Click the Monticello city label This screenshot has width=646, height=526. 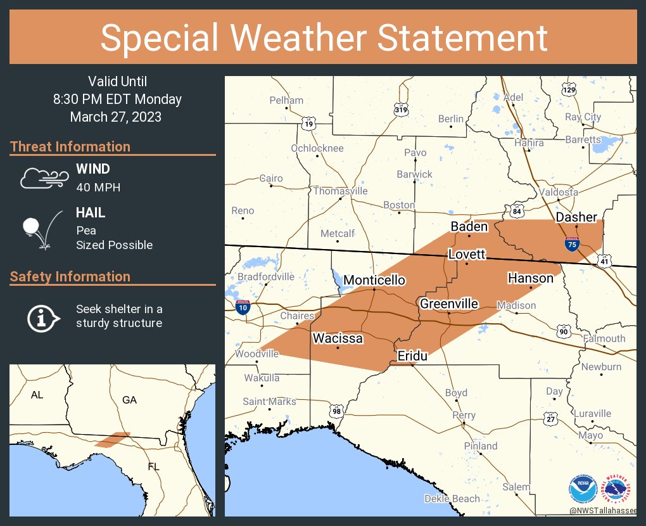(x=374, y=280)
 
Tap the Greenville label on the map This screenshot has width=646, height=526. (x=449, y=304)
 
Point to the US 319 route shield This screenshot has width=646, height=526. (x=400, y=110)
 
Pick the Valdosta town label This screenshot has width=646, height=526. (x=558, y=192)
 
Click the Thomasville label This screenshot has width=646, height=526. (x=340, y=191)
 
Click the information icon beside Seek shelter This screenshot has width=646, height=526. (x=42, y=317)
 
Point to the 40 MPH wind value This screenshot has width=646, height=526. (x=98, y=188)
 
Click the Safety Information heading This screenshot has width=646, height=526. (x=70, y=276)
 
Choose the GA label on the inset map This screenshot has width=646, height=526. (x=129, y=400)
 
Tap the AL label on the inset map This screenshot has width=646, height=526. (x=37, y=395)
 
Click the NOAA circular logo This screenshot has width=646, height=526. (x=582, y=490)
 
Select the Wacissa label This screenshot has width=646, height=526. (x=338, y=338)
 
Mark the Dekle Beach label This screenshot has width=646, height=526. (x=452, y=499)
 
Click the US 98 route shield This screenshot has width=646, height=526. (x=336, y=411)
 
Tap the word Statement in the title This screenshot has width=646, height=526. (x=462, y=38)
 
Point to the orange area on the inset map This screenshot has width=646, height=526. (x=112, y=439)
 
